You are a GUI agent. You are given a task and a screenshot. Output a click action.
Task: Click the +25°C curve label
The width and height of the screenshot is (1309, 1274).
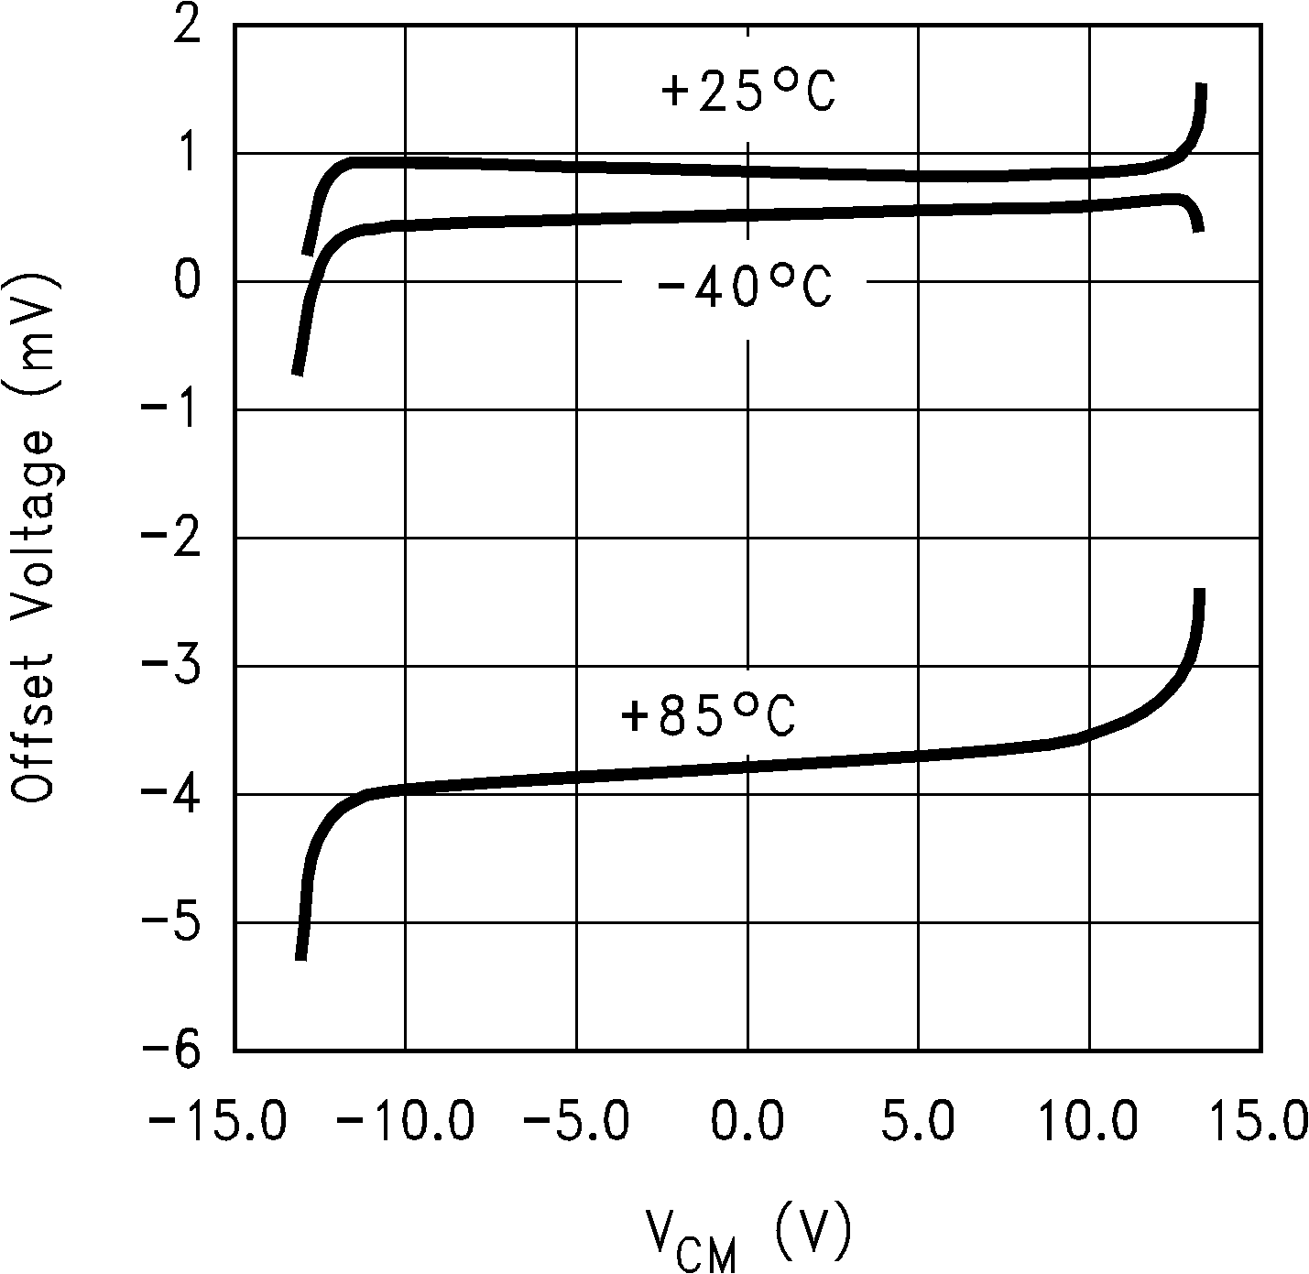747,93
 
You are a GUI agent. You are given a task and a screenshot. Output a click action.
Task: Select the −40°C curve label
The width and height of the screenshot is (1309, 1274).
744,288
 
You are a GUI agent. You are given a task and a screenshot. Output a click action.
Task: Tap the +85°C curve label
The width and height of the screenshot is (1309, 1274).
708,716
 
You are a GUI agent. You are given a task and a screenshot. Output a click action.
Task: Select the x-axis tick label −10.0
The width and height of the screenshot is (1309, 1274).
405,1121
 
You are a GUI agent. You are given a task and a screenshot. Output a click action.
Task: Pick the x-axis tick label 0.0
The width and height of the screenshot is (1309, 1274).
748,1121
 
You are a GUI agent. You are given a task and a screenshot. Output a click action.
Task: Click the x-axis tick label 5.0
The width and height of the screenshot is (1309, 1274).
919,1121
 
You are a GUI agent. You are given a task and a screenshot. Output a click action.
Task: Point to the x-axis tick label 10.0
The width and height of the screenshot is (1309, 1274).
1090,1121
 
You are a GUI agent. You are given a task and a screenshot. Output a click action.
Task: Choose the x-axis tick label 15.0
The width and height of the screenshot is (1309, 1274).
1262,1121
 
